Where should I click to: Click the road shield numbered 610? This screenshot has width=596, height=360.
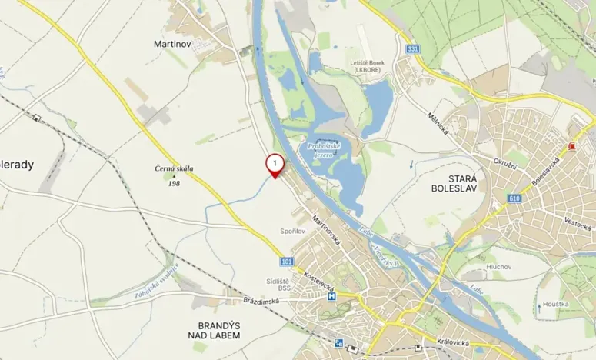514,198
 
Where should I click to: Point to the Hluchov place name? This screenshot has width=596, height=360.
498,267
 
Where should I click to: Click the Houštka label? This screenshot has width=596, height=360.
554,304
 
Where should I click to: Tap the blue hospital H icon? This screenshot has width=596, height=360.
331,296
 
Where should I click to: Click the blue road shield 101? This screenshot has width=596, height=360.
286,262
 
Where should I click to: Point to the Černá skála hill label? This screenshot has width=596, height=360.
174,169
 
